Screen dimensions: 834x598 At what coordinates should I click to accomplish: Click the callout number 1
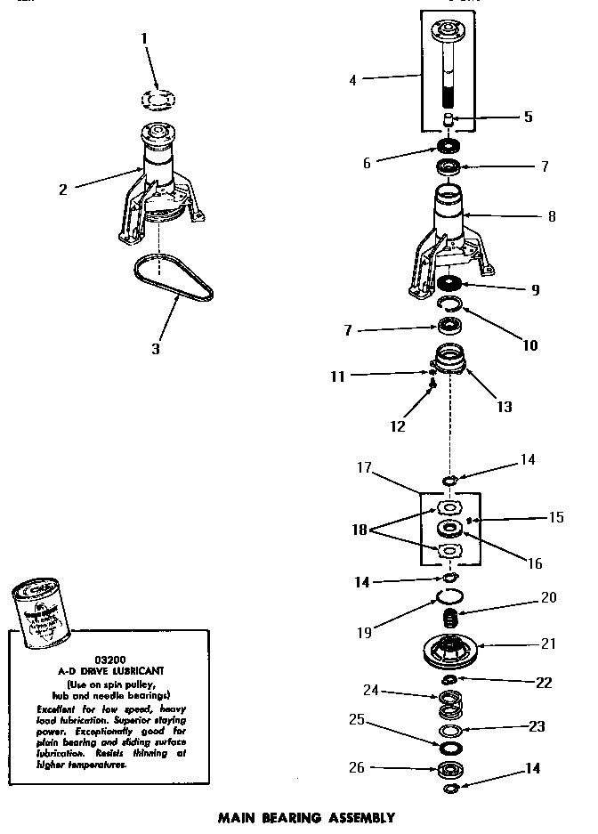145,38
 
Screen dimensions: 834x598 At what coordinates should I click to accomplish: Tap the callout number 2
62,188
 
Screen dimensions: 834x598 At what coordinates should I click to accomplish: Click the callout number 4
352,80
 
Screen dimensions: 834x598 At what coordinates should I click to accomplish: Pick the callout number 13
504,407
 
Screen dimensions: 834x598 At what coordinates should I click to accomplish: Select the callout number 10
529,345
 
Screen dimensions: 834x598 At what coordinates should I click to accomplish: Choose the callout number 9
534,290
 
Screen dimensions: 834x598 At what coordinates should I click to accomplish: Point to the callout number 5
528,117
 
